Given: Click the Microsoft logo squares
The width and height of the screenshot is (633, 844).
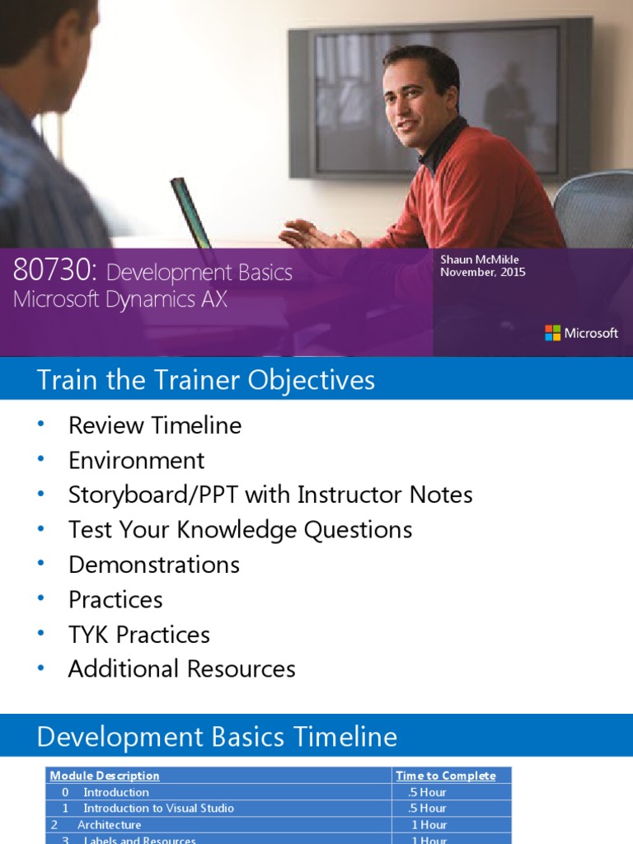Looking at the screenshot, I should pyautogui.click(x=552, y=333).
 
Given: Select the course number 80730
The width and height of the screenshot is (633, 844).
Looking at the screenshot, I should pyautogui.click(x=54, y=271).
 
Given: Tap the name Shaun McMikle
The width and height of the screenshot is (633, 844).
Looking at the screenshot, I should pyautogui.click(x=480, y=260).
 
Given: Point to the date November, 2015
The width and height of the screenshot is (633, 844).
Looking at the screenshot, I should pyautogui.click(x=483, y=273).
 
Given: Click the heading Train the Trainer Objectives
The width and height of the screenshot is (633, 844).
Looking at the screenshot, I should pyautogui.click(x=205, y=380).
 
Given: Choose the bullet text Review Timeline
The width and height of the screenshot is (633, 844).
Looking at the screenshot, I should pyautogui.click(x=155, y=425).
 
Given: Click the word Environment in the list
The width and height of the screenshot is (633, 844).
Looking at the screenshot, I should pyautogui.click(x=137, y=460).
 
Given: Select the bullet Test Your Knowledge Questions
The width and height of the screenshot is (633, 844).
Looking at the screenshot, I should pyautogui.click(x=240, y=529).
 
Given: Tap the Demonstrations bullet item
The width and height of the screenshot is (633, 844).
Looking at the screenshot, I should pyautogui.click(x=154, y=565).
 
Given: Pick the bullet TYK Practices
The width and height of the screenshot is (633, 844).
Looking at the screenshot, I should pyautogui.click(x=139, y=635).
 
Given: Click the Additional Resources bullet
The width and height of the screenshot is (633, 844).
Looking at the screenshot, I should pyautogui.click(x=181, y=668).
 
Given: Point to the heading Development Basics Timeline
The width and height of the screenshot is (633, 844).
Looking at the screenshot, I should pyautogui.click(x=217, y=737).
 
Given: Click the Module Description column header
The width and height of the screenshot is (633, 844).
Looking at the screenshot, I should pyautogui.click(x=105, y=776).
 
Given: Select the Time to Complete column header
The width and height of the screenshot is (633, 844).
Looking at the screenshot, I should pyautogui.click(x=446, y=776).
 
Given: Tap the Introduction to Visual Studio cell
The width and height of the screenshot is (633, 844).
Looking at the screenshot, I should pyautogui.click(x=158, y=809).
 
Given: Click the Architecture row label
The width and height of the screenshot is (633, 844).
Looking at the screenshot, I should pyautogui.click(x=109, y=824).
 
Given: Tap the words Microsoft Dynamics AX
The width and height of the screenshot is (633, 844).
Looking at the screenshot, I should pyautogui.click(x=120, y=299).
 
